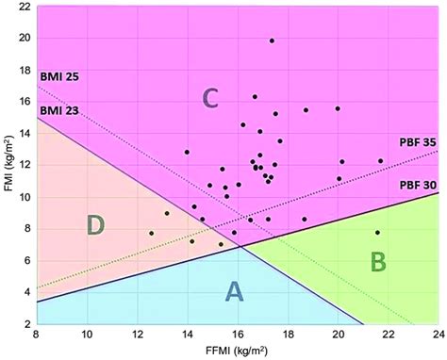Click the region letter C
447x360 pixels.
[x=212, y=97]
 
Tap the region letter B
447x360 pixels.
[x=377, y=261]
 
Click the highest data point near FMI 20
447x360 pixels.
[x=272, y=41]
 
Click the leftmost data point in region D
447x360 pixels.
[x=151, y=233]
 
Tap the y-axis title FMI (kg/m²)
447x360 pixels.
[x=8, y=165]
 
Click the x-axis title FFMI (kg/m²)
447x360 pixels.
[x=236, y=352]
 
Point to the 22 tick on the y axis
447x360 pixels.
[x=22, y=8]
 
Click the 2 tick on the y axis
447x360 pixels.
[x=25, y=323]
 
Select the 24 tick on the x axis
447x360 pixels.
[x=437, y=334]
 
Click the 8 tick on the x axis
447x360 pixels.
[x=37, y=334]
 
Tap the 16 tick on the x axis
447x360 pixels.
[x=237, y=334]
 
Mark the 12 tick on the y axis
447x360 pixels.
[x=22, y=166]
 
